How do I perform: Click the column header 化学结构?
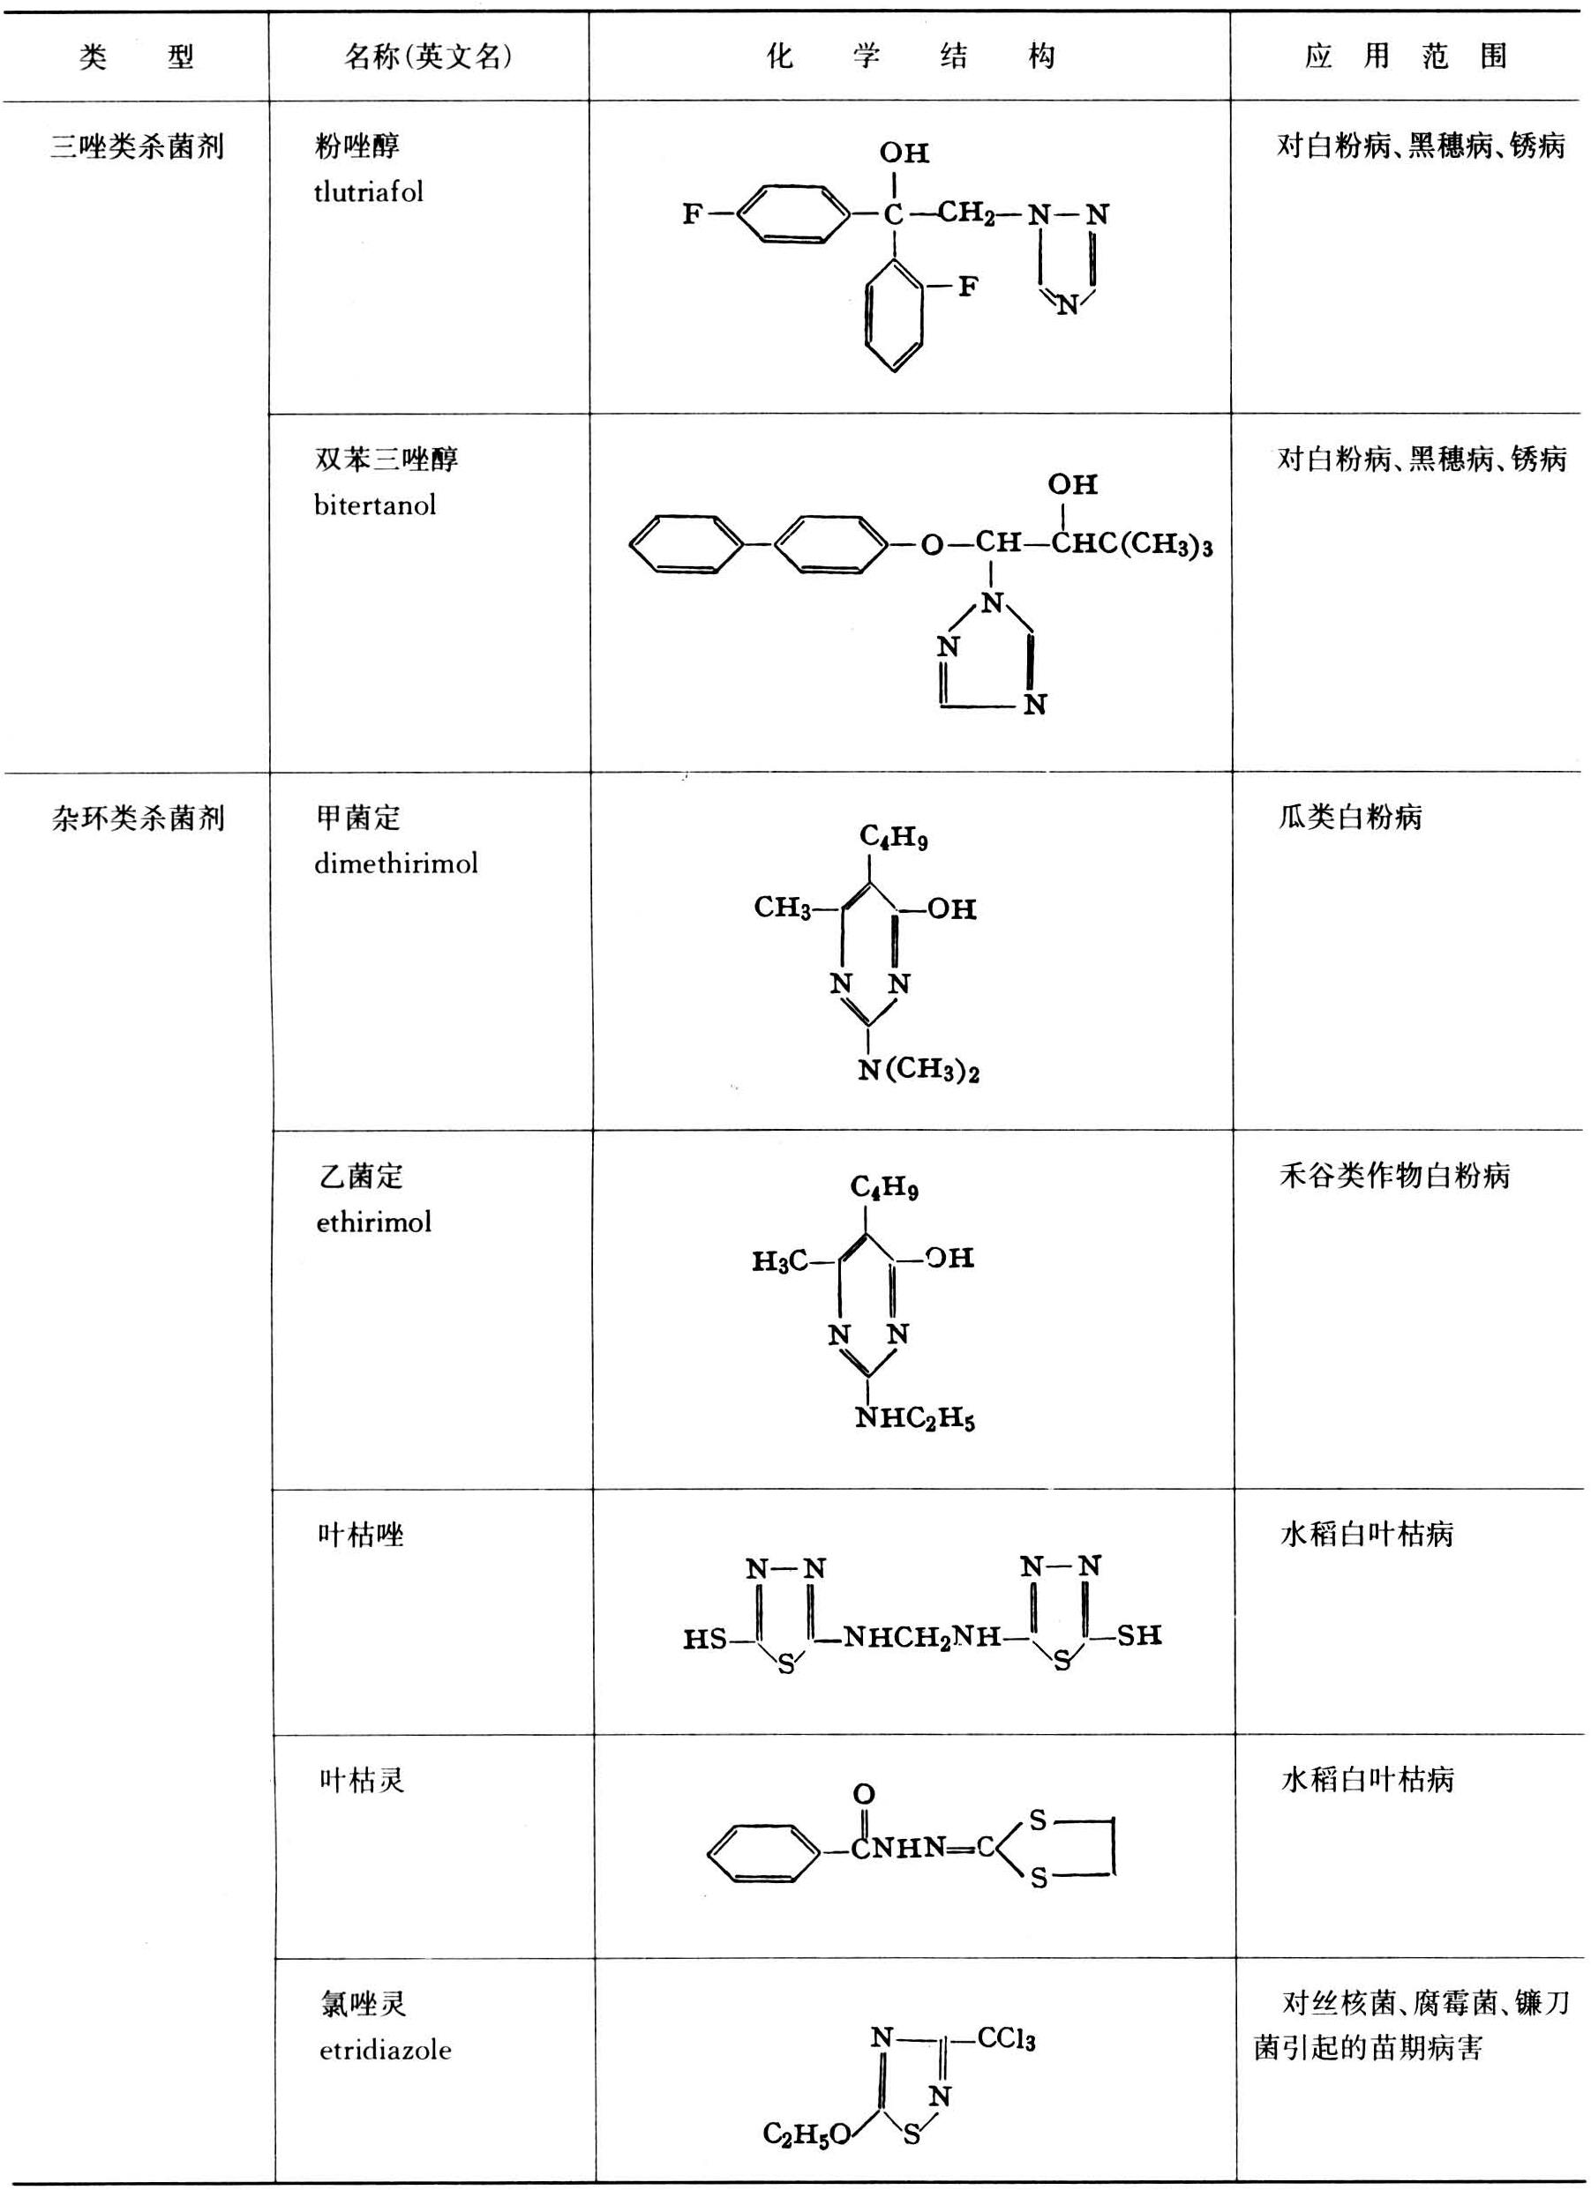[910, 56]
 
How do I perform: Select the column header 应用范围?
[1405, 56]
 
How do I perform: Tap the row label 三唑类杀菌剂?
[136, 146]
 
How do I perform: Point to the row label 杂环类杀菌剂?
[137, 818]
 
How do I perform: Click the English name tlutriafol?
[368, 192]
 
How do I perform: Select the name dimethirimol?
[396, 863]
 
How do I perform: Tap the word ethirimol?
[374, 1222]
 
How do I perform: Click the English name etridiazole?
[386, 2050]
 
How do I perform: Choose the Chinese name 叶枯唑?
[360, 1535]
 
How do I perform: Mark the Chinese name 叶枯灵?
[363, 1779]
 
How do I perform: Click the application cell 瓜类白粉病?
[1349, 817]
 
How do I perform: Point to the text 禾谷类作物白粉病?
[1394, 1175]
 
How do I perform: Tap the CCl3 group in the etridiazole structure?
[1006, 2038]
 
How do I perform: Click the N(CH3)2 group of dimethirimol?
[919, 1070]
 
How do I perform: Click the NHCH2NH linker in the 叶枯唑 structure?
[921, 1637]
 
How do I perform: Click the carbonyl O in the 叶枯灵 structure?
[864, 1794]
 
